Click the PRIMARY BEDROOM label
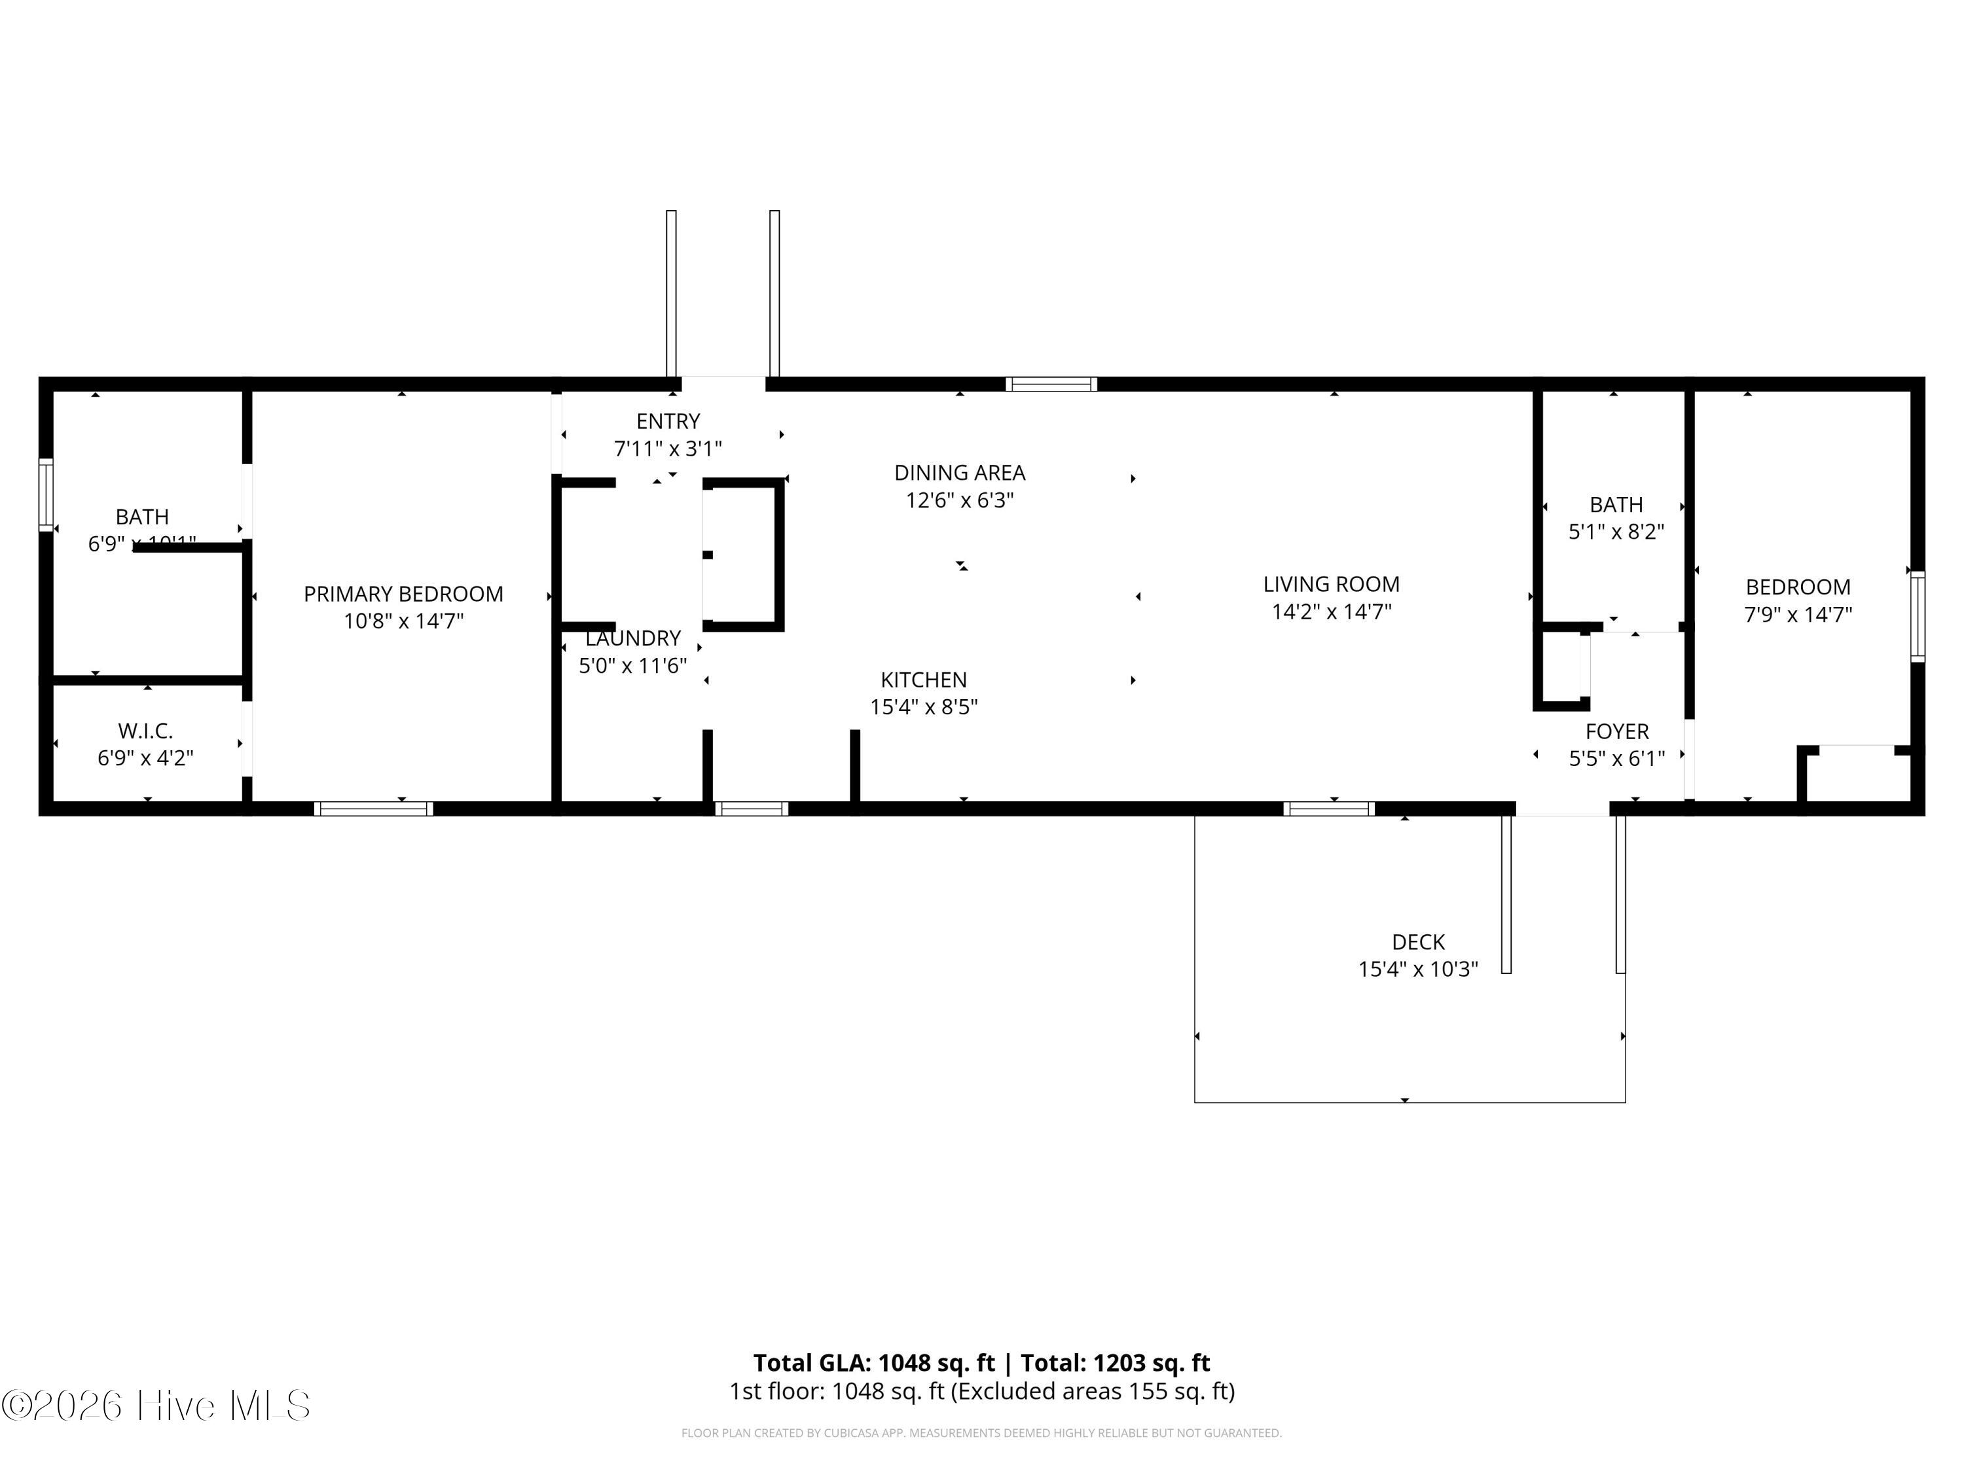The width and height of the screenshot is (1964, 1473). pos(403,594)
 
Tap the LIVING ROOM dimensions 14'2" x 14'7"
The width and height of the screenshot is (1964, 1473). pos(1331,611)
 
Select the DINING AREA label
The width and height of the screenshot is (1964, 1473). pos(959,473)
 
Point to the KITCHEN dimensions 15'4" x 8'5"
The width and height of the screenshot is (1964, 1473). pos(923,707)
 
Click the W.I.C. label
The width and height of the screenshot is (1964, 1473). pos(145,731)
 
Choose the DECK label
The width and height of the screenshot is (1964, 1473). pos(1418,942)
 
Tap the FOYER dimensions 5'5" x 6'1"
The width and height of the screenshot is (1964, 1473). pos(1616,758)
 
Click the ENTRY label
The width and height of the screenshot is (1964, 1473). pos(668,421)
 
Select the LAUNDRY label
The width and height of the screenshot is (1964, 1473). pos(632,638)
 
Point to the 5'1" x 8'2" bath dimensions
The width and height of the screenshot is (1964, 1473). pos(1616,532)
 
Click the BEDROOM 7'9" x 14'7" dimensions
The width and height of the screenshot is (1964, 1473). pos(1798,615)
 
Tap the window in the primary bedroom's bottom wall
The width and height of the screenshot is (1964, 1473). pos(374,808)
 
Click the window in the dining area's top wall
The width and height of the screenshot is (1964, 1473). pos(1051,384)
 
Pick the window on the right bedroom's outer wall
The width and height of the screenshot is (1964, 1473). pos(1918,616)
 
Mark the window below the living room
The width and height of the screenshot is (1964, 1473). pos(1328,808)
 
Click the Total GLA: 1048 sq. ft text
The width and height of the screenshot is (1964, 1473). pos(874,1363)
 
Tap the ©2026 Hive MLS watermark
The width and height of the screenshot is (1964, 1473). pos(155,1406)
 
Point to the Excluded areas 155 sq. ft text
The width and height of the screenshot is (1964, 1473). pos(1092,1391)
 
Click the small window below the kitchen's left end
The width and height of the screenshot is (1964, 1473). pos(751,808)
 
